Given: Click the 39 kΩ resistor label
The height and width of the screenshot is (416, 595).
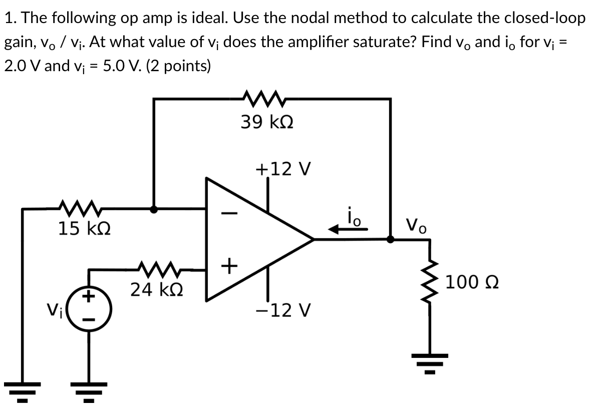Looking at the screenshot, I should (x=266, y=122).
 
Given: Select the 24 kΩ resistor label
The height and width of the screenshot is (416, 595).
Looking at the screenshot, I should (x=156, y=289).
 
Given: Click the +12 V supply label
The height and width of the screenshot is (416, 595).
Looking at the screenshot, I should (x=283, y=169).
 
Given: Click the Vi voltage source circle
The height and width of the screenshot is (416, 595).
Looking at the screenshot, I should (x=90, y=305).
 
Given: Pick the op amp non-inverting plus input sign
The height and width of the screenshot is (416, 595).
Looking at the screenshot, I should (x=228, y=266).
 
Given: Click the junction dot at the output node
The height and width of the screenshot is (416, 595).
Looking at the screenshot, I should (x=391, y=240).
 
